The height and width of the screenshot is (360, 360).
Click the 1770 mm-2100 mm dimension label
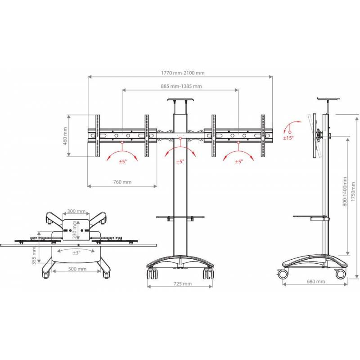tap(183, 73)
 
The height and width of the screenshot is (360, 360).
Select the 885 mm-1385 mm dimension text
tap(181, 86)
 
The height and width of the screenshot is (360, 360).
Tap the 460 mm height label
tap(65, 136)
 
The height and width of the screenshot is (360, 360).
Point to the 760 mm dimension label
tap(122, 182)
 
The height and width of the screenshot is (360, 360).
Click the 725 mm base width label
tap(182, 284)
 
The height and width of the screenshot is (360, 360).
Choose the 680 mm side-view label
tap(316, 282)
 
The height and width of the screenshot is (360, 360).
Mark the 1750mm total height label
tap(353, 189)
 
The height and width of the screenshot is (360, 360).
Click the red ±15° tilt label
tap(288, 138)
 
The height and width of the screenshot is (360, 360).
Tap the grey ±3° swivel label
tap(76, 253)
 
